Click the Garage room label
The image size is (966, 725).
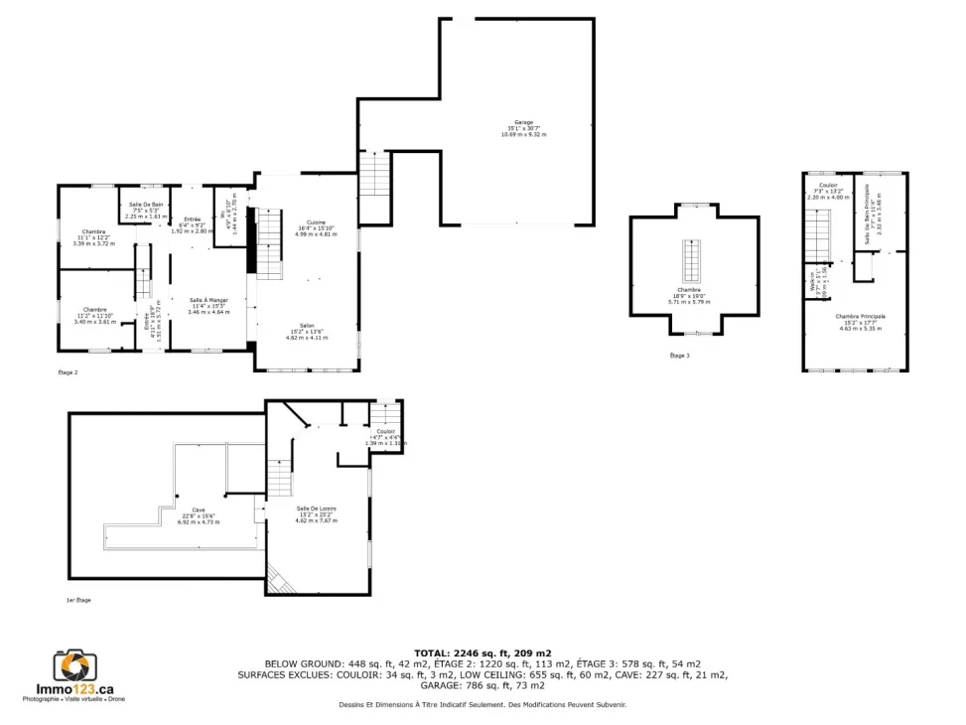[523, 122]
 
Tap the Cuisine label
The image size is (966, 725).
[317, 221]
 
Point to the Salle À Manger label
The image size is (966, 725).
[208, 300]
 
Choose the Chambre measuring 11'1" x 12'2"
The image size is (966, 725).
[94, 231]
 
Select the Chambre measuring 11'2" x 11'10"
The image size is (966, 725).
[94, 309]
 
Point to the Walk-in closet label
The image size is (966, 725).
[813, 281]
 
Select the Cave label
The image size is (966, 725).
[199, 509]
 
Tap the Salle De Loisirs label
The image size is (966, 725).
[317, 507]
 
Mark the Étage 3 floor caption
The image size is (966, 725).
[679, 355]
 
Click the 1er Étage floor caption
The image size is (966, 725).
[77, 600]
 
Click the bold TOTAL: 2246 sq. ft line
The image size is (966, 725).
[483, 652]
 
